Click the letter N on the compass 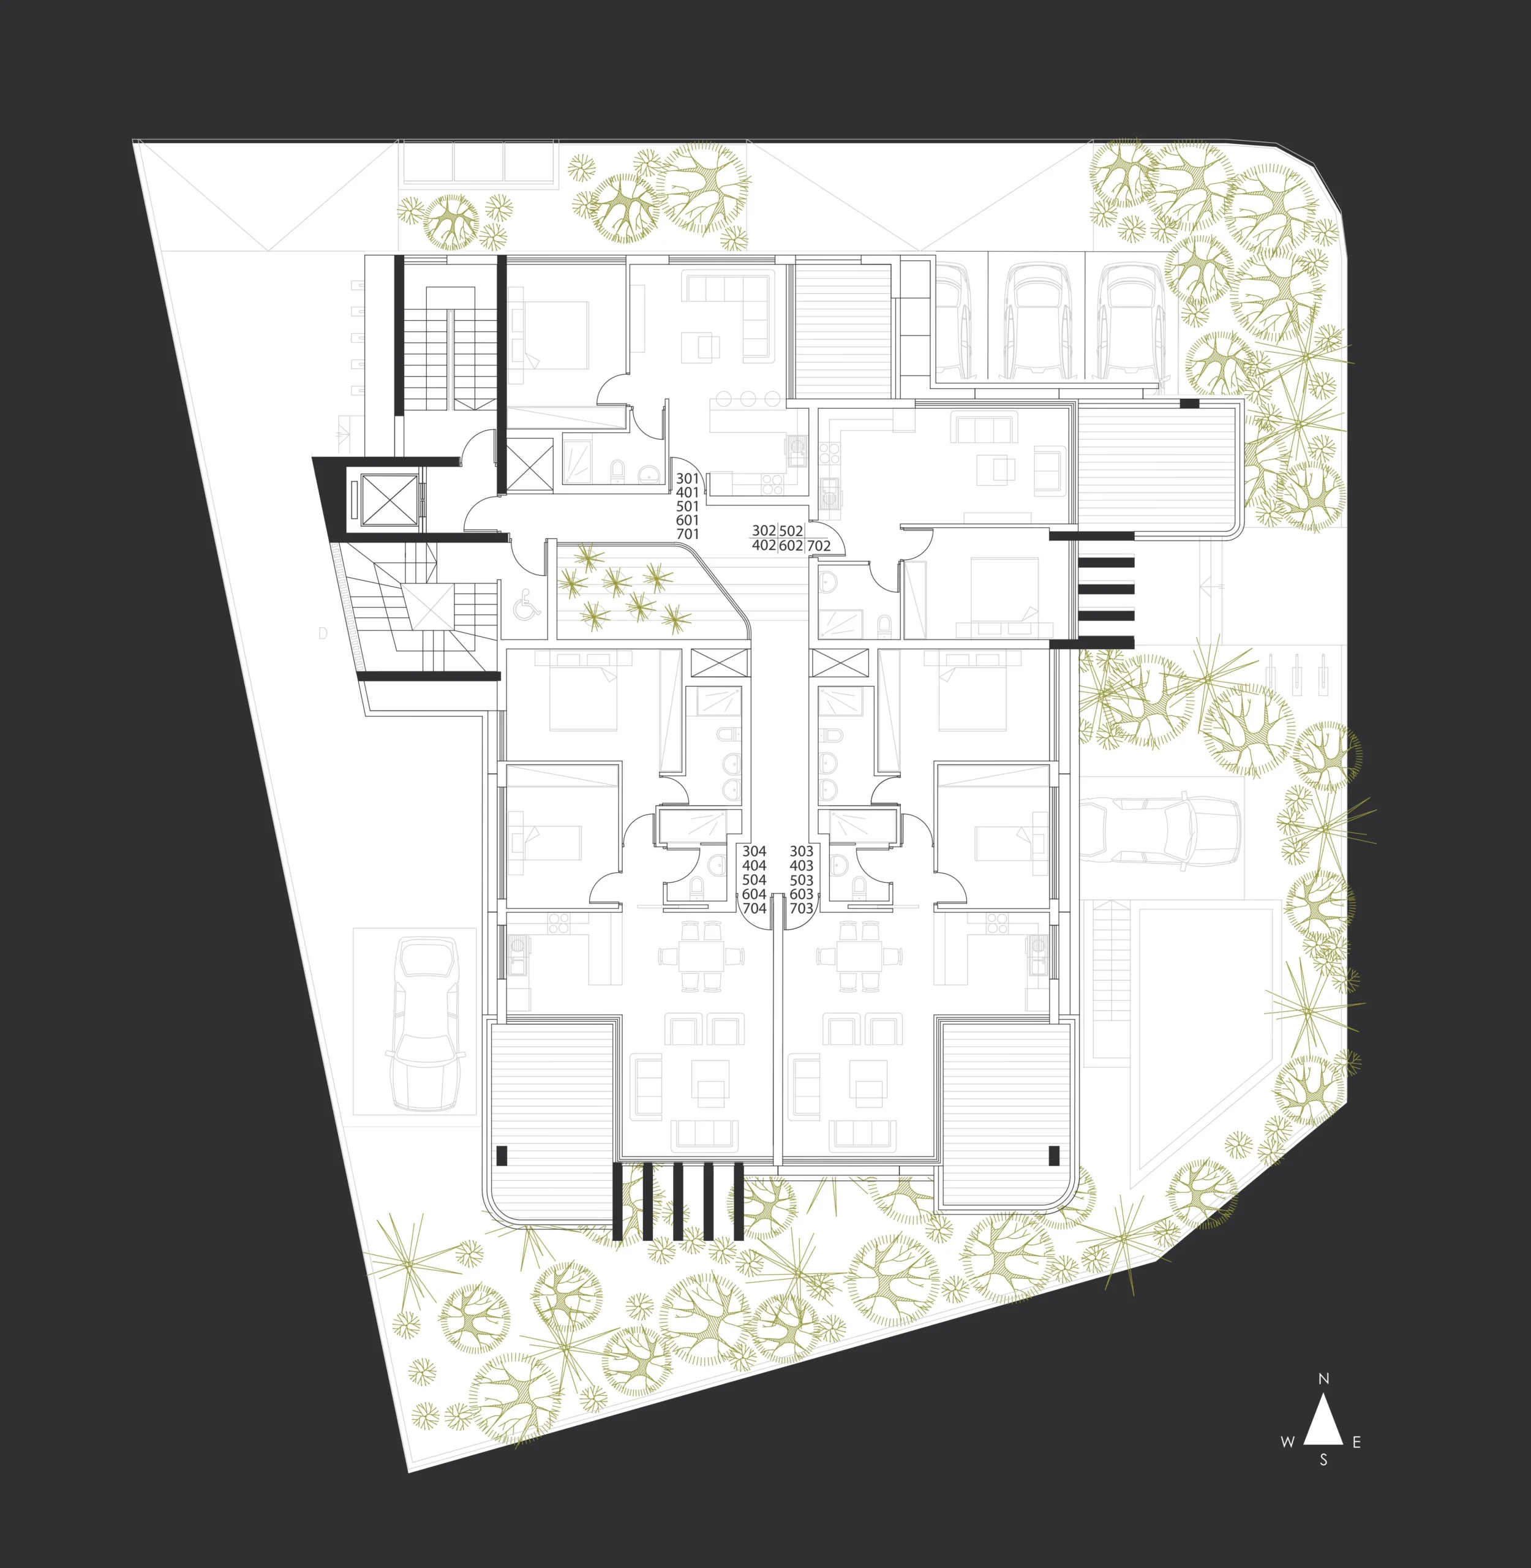point(1323,1401)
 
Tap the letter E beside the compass point(1356,1442)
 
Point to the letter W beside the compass point(1287,1442)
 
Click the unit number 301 point(688,478)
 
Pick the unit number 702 point(819,546)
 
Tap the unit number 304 point(754,851)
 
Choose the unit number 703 point(802,908)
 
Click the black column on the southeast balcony point(1054,1156)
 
